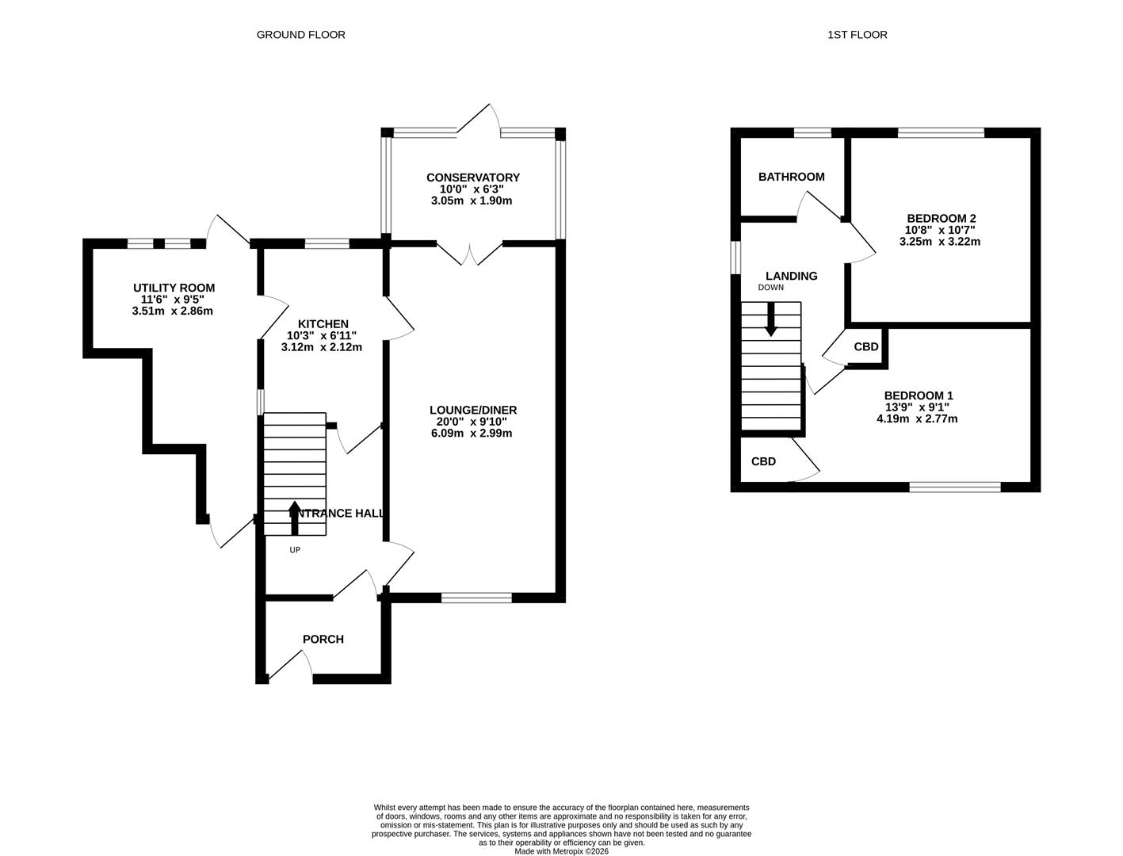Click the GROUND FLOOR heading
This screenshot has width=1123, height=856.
coord(300,35)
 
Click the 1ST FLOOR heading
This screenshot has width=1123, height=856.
coord(857,35)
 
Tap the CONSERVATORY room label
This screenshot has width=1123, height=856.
coord(472,178)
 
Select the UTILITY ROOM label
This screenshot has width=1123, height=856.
coord(174,288)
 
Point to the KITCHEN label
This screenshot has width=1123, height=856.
coord(323,323)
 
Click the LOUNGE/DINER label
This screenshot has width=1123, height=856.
coord(472,410)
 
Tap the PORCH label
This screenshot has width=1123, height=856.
coord(323,639)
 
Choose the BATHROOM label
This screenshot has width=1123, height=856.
coord(791,177)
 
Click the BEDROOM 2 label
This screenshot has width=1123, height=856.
coord(941,218)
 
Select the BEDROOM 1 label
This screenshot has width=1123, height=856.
coord(918,396)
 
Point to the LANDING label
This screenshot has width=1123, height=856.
coord(791,276)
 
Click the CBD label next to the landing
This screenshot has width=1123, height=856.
coord(865,347)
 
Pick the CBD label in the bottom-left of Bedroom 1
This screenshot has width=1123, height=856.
coord(763,461)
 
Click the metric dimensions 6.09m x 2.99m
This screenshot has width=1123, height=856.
coord(472,434)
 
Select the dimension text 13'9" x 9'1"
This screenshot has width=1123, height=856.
coord(918,407)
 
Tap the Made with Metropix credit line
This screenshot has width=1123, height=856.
coord(561,851)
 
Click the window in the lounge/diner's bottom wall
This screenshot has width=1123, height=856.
coord(476,598)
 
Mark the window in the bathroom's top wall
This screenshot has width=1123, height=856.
coord(812,132)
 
